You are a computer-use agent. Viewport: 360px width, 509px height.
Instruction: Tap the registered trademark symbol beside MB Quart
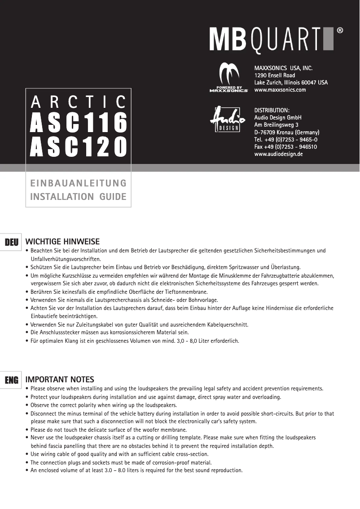pos(340,31)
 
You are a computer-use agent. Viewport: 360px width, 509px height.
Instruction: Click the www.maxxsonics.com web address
pos(280,90)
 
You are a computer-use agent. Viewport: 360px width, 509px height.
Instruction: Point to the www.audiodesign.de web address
pos(279,154)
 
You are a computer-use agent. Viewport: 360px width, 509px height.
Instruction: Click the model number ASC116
pos(78,123)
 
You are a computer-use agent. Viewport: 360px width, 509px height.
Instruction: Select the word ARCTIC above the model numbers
pos(78,102)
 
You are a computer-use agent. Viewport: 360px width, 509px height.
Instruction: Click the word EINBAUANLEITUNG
pos(78,183)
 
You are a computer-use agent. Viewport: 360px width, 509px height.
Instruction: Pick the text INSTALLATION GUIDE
pos(78,197)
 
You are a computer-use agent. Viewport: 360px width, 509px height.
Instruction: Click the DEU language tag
pos(12,243)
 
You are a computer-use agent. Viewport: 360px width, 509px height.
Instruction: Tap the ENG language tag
pos(12,381)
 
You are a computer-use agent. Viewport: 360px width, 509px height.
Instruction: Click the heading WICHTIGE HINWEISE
pos(63,242)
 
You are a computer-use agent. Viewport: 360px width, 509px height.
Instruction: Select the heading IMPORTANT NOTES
pos(60,380)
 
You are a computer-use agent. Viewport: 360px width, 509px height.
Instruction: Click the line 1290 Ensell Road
pos(275,75)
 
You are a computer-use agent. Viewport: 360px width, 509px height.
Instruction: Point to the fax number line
pos(286,147)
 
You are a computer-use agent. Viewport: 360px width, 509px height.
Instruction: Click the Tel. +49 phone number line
pos(286,140)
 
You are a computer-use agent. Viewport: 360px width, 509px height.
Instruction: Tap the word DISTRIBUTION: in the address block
pos(272,111)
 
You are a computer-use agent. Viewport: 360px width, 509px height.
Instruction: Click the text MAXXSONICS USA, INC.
pos(283,68)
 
